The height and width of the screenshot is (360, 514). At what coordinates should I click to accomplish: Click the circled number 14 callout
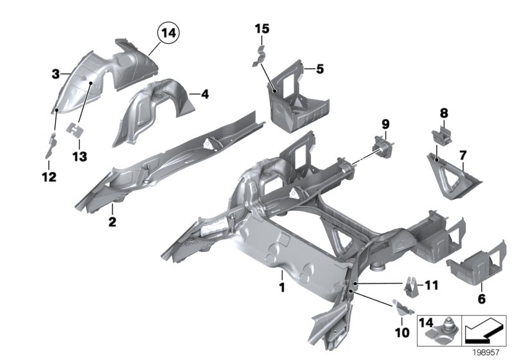(x=168, y=33)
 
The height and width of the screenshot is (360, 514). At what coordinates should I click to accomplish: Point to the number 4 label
(x=204, y=94)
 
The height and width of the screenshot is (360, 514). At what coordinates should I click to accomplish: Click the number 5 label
(x=320, y=67)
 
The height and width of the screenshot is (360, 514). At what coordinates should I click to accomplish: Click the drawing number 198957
(x=488, y=352)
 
